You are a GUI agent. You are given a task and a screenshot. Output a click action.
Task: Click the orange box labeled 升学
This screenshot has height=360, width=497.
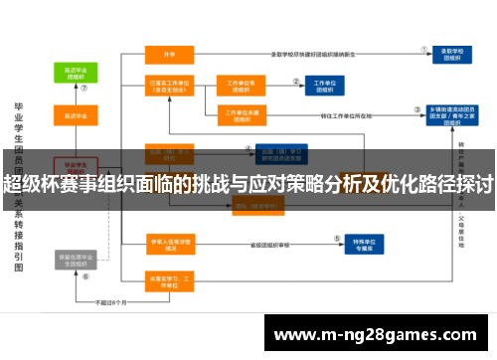[169, 54]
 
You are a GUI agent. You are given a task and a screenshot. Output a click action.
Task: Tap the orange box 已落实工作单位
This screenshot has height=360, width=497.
[169, 88]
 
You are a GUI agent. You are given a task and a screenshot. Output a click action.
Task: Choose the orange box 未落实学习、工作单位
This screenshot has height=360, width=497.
[168, 279]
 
